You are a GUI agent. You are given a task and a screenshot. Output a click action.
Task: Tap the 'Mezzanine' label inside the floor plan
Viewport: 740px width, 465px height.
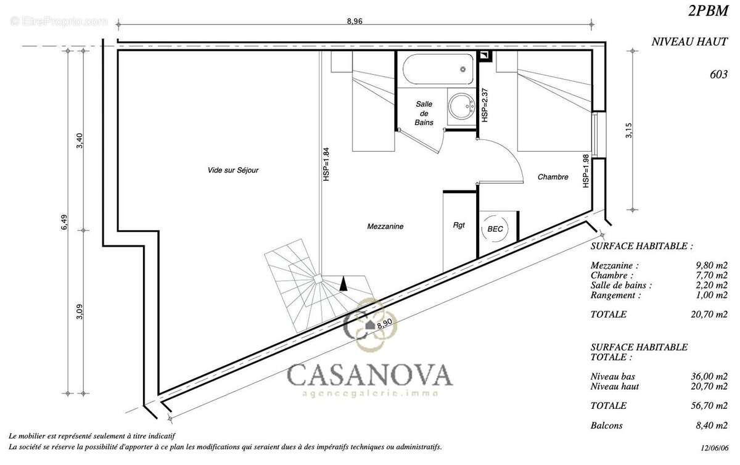pos(385,226)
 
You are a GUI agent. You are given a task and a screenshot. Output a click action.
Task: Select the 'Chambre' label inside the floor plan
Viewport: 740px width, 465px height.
pos(553,177)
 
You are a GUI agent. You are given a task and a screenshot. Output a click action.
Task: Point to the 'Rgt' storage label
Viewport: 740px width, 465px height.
pos(459,226)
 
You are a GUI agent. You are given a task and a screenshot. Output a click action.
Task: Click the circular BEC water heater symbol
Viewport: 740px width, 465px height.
pos(495,228)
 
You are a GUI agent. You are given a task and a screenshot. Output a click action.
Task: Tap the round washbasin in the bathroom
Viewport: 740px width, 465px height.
pos(459,106)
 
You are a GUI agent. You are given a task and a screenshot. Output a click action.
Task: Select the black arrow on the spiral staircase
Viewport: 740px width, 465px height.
pos(344,283)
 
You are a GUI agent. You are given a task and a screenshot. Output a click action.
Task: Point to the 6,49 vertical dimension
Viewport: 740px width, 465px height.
pos(64,223)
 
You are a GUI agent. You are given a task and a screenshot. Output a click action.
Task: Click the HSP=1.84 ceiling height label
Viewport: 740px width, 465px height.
pos(326,164)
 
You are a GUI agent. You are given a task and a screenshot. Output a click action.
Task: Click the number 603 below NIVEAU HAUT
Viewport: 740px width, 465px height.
pos(718,74)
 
